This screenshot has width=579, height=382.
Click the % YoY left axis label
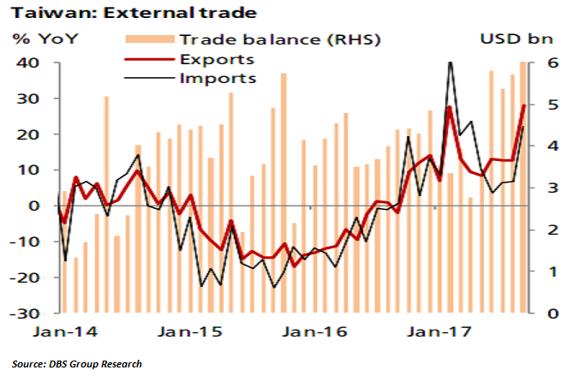coord(39,39)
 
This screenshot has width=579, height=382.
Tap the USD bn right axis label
coord(518,39)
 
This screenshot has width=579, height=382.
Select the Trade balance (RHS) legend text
coord(279,39)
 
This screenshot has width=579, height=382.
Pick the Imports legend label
coord(218,78)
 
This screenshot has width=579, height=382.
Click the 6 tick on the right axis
coord(553,63)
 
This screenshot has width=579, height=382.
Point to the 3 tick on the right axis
coord(553,188)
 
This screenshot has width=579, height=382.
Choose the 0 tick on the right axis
coord(553,313)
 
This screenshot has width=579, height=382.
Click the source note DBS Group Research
coord(76,364)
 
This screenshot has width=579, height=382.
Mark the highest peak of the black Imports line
coord(451,63)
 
